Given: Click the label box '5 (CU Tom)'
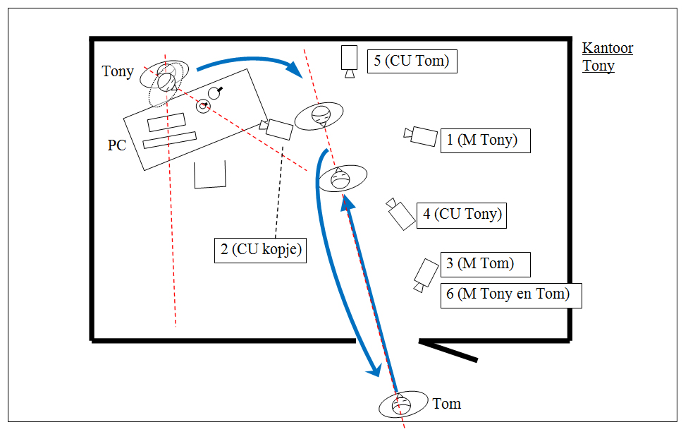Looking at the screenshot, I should [x=412, y=61].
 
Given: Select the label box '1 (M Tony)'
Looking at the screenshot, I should [x=485, y=140].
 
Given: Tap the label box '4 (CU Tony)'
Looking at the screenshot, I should [x=462, y=214].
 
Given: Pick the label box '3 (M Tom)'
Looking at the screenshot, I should [x=484, y=264].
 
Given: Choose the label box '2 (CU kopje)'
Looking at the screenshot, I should [x=261, y=250].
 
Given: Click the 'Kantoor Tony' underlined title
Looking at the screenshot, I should [x=607, y=57].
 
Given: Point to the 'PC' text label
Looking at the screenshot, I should [x=117, y=145].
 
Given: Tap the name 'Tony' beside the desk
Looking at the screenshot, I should [x=117, y=71].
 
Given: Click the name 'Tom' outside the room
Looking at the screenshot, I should [x=446, y=404].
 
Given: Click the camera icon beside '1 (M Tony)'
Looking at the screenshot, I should [x=421, y=136].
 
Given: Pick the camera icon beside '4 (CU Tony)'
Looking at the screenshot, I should [x=400, y=213].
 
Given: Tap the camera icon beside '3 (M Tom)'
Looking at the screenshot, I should [x=425, y=275].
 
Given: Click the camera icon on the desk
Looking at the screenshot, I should [x=277, y=128].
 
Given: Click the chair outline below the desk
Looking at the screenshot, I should [x=209, y=176].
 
